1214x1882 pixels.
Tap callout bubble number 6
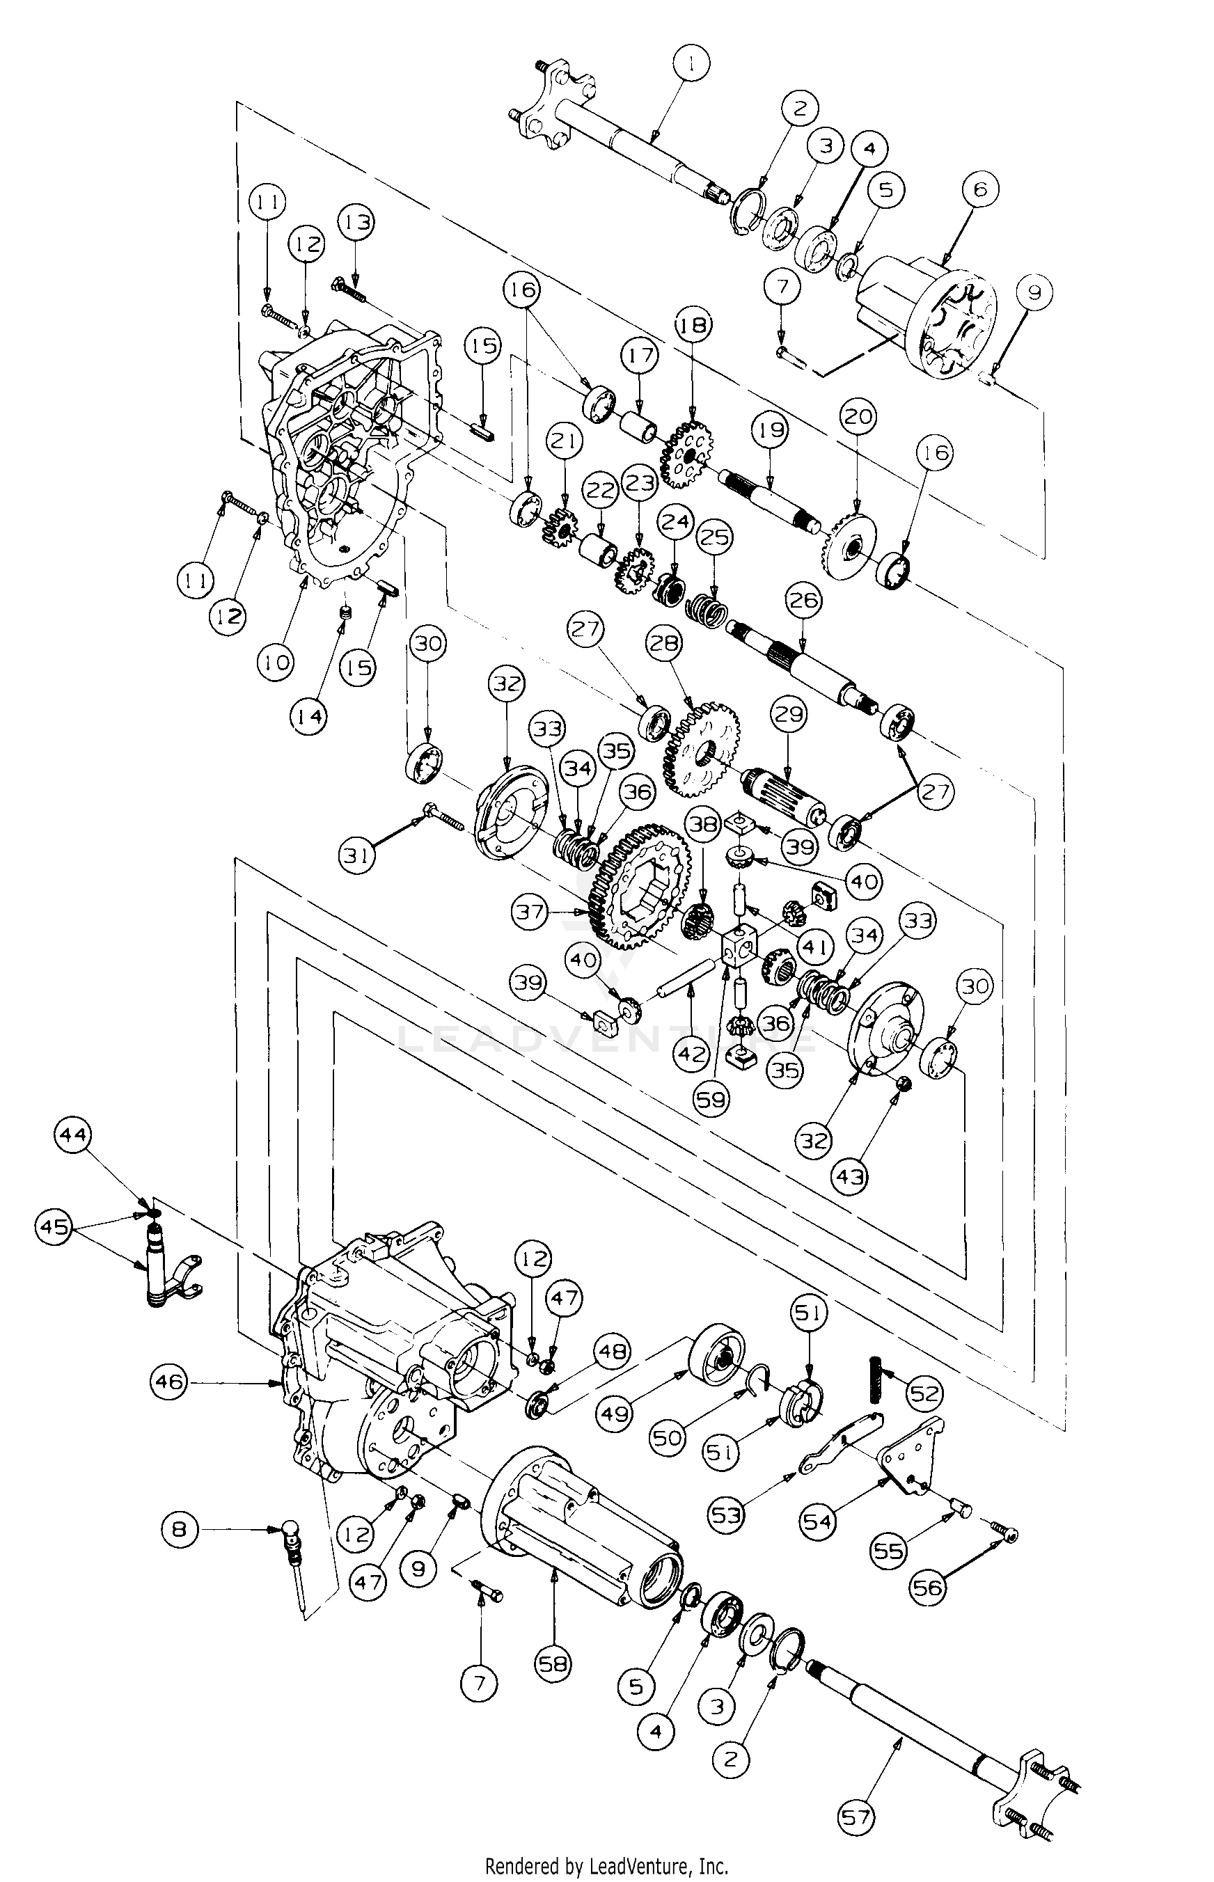click(980, 190)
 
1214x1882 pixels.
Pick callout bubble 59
click(710, 1100)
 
